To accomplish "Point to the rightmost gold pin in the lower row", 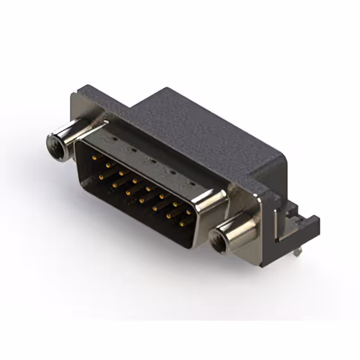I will [x=181, y=223].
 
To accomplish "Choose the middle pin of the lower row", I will [x=141, y=200].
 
